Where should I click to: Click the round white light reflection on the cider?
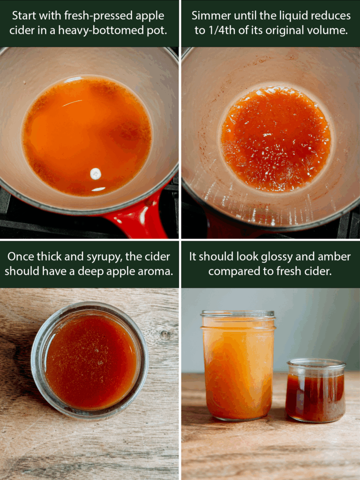[96, 174]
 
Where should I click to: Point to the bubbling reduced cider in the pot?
[276, 139]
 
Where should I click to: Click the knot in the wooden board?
[165, 335]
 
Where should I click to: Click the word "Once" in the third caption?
[21, 256]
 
